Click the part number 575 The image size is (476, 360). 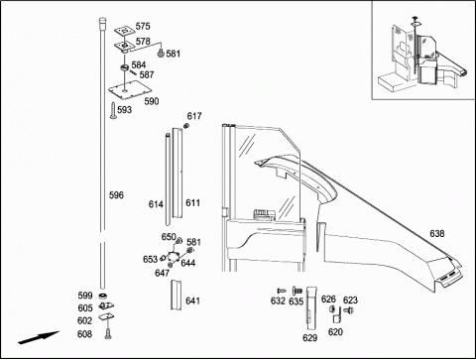coord(143,26)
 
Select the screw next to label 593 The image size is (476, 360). coord(113,110)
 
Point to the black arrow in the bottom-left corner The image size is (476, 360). coord(39,337)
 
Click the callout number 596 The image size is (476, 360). coord(116,195)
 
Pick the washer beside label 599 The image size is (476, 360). coord(103,296)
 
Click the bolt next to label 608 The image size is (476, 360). coord(108,333)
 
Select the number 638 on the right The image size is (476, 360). coord(437,234)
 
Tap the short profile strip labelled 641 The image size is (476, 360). coord(176,296)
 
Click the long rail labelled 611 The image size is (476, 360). coord(178,173)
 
